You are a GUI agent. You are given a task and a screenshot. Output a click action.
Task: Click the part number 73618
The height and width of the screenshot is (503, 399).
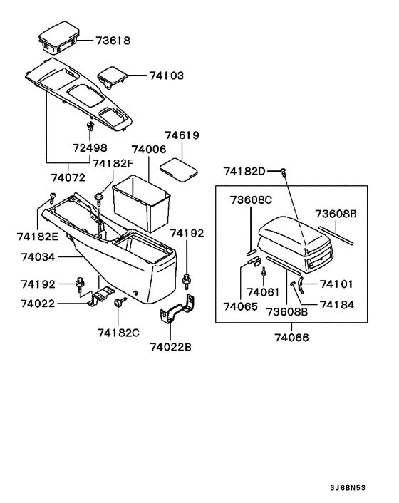pyautogui.click(x=113, y=41)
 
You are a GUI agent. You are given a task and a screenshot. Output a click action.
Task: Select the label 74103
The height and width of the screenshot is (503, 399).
pyautogui.click(x=167, y=76)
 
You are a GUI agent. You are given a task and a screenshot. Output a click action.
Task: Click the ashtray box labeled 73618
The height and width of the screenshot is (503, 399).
pyautogui.click(x=59, y=36)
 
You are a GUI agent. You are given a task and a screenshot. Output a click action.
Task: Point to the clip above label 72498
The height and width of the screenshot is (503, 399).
pyautogui.click(x=90, y=125)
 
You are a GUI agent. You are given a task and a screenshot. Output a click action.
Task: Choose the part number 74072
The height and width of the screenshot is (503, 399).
pyautogui.click(x=68, y=177)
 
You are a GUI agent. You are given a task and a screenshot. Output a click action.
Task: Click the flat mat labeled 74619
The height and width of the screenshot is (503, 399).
pyautogui.click(x=178, y=170)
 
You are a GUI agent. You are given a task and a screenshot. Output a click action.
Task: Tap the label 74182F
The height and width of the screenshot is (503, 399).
pyautogui.click(x=113, y=164)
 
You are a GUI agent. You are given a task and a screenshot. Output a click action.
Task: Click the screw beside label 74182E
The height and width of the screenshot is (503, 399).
pyautogui.click(x=52, y=197)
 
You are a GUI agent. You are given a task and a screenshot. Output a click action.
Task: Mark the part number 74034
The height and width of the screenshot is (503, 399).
pyautogui.click(x=38, y=257)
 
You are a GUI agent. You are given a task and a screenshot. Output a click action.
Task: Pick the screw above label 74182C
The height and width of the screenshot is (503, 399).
pyautogui.click(x=120, y=302)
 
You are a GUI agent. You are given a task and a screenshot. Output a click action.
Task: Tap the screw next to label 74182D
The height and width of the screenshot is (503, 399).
pyautogui.click(x=283, y=172)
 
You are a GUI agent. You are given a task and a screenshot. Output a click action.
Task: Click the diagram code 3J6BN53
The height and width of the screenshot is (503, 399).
pyautogui.click(x=348, y=488)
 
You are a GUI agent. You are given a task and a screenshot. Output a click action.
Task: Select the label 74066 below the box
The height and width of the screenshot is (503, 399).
pyautogui.click(x=291, y=338)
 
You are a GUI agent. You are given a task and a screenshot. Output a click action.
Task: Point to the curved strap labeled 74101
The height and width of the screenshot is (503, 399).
pyautogui.click(x=301, y=284)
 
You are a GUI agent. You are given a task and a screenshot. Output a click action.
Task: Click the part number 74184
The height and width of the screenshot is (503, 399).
pyautogui.click(x=337, y=305)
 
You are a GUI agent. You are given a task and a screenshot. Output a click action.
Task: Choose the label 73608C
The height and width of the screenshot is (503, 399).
pyautogui.click(x=251, y=200)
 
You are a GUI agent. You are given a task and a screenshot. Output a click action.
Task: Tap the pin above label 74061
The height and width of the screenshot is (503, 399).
pyautogui.click(x=264, y=271)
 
